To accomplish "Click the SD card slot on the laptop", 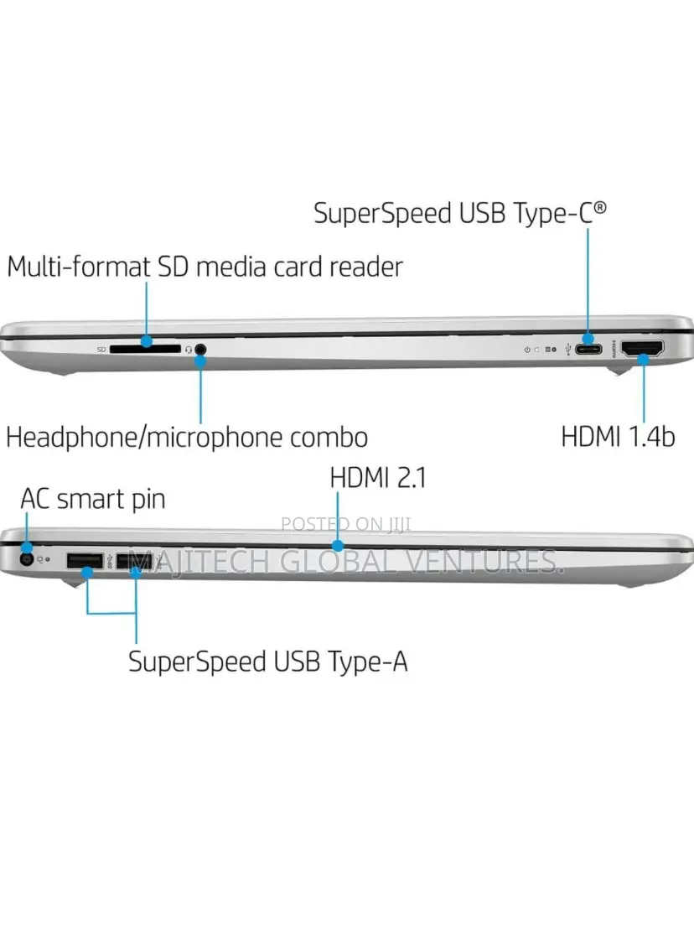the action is coord(145,349).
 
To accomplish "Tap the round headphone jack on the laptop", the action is coord(200,350).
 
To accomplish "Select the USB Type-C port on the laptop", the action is coord(588,349).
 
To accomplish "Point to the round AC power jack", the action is coord(26,558).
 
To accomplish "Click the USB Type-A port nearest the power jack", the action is coord(85,560).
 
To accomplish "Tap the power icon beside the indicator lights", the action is coord(527,350).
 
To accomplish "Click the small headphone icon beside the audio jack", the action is coord(189,350).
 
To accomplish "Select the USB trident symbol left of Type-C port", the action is coord(568,350).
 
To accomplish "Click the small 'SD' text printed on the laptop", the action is coord(101,350).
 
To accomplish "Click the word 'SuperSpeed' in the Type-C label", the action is coord(382,214).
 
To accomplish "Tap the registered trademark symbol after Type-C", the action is coord(600,207).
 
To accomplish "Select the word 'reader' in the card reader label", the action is coord(366,267).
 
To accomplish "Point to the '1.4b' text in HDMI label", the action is coord(650,437).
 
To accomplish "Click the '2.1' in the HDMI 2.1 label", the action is coord(411,478).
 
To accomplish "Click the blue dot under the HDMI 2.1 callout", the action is coord(338,545).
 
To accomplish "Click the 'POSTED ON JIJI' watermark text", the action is coord(346,524).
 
